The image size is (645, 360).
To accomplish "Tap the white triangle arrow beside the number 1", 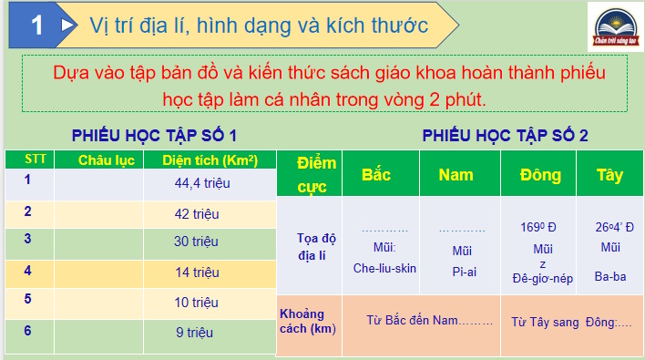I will (x=67, y=26).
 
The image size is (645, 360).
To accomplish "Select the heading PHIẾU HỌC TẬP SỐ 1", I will (x=155, y=136).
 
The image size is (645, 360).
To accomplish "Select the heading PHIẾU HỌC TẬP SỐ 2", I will (x=505, y=136).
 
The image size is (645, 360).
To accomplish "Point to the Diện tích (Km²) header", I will (x=210, y=160).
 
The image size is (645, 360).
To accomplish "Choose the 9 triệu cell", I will (x=194, y=332).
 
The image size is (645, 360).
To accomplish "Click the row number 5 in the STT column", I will (x=28, y=299).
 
